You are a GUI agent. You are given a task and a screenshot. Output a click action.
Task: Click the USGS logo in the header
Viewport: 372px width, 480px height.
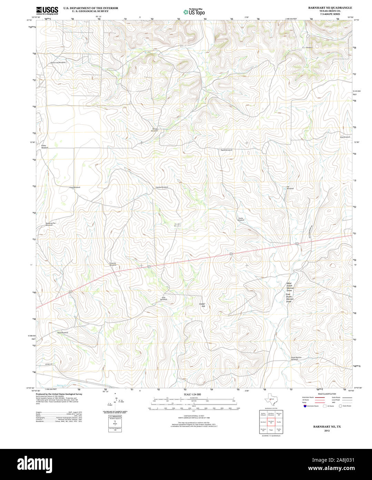click(47, 11)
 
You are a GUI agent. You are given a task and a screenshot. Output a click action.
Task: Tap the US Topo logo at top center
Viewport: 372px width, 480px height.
click(194, 12)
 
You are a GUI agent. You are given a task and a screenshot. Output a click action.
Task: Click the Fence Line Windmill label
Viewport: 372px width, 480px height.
click(58, 63)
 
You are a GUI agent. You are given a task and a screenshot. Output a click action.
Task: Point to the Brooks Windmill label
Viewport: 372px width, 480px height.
click(155, 130)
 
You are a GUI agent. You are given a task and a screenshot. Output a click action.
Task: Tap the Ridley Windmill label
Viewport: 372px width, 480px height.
click(45, 146)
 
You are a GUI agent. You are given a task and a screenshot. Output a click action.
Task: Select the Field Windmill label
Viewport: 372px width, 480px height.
click(75, 187)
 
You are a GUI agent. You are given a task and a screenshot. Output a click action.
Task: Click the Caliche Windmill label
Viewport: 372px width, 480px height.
click(161, 187)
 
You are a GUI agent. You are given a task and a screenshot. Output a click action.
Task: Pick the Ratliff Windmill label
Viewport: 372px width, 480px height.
click(226, 150)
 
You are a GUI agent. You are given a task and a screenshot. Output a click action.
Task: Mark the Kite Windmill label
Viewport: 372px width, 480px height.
click(345, 137)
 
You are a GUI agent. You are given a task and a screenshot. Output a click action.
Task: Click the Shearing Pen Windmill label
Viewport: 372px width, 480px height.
click(50, 224)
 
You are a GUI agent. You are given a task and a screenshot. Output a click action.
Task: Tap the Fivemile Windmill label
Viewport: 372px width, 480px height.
click(113, 264)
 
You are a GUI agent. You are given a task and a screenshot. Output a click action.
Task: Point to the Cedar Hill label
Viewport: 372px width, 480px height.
click(202, 305)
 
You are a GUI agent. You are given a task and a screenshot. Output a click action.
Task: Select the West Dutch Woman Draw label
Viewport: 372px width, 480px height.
click(289, 287)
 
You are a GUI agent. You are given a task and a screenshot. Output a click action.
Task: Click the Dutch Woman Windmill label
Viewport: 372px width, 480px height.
click(296, 358)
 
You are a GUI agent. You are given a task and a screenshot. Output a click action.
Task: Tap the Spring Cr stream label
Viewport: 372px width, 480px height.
click(62, 385)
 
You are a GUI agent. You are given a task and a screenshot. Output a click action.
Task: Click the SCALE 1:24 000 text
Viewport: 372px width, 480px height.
click(192, 394)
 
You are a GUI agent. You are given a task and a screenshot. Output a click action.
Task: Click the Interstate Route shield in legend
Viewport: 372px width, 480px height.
click(305, 406)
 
